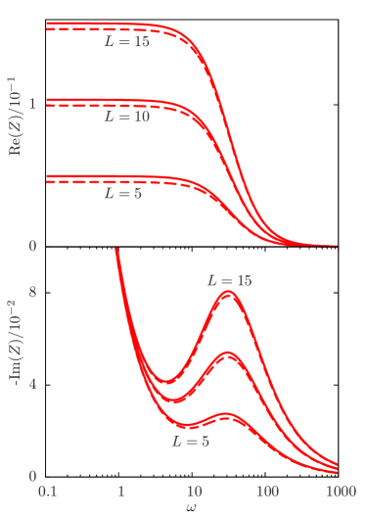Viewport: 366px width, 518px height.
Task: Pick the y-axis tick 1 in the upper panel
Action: (32, 103)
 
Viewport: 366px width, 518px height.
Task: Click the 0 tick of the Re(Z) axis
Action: (32, 246)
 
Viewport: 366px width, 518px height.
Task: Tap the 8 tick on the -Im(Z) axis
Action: (32, 292)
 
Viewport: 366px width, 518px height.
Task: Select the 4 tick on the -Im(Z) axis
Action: (32, 384)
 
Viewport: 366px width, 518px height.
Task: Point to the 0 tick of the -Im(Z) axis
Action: (32, 476)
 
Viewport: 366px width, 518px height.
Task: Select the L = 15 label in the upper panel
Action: (127, 43)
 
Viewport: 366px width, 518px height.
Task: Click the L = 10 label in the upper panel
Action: (127, 116)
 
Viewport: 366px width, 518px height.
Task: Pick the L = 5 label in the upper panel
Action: (123, 194)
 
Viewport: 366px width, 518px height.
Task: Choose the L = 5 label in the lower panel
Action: (190, 442)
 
